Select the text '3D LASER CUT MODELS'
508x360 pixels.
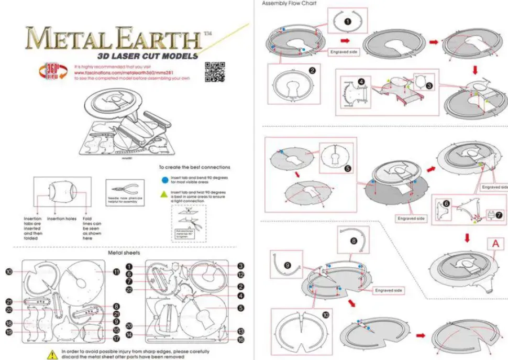coord(147,56)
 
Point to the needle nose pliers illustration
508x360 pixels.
coord(125,189)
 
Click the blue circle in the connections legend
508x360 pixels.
coord(165,178)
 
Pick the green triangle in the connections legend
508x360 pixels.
coord(165,193)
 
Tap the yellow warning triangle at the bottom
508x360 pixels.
coord(53,353)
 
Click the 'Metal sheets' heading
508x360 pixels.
coord(123,253)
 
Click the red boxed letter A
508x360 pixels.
coord(494,244)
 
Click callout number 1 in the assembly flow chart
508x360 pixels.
coord(347,21)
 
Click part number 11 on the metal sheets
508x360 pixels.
coord(116,272)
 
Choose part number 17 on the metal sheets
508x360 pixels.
coord(116,340)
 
